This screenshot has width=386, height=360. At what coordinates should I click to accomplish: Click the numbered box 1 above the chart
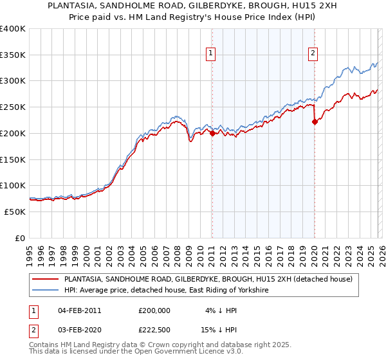[x=211, y=53]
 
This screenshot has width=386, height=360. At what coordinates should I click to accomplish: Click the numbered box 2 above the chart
[x=313, y=53]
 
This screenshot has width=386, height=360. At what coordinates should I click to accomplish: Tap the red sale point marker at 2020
[x=314, y=122]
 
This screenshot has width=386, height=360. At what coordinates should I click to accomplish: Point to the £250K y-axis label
[x=13, y=107]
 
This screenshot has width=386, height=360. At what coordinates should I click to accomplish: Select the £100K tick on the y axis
[x=13, y=185]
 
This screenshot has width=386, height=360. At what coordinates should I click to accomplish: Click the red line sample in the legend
[x=45, y=280]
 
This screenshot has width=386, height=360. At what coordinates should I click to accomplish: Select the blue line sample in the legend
[x=45, y=291]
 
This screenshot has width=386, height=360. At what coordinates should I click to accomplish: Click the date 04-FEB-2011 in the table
[x=79, y=310]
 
